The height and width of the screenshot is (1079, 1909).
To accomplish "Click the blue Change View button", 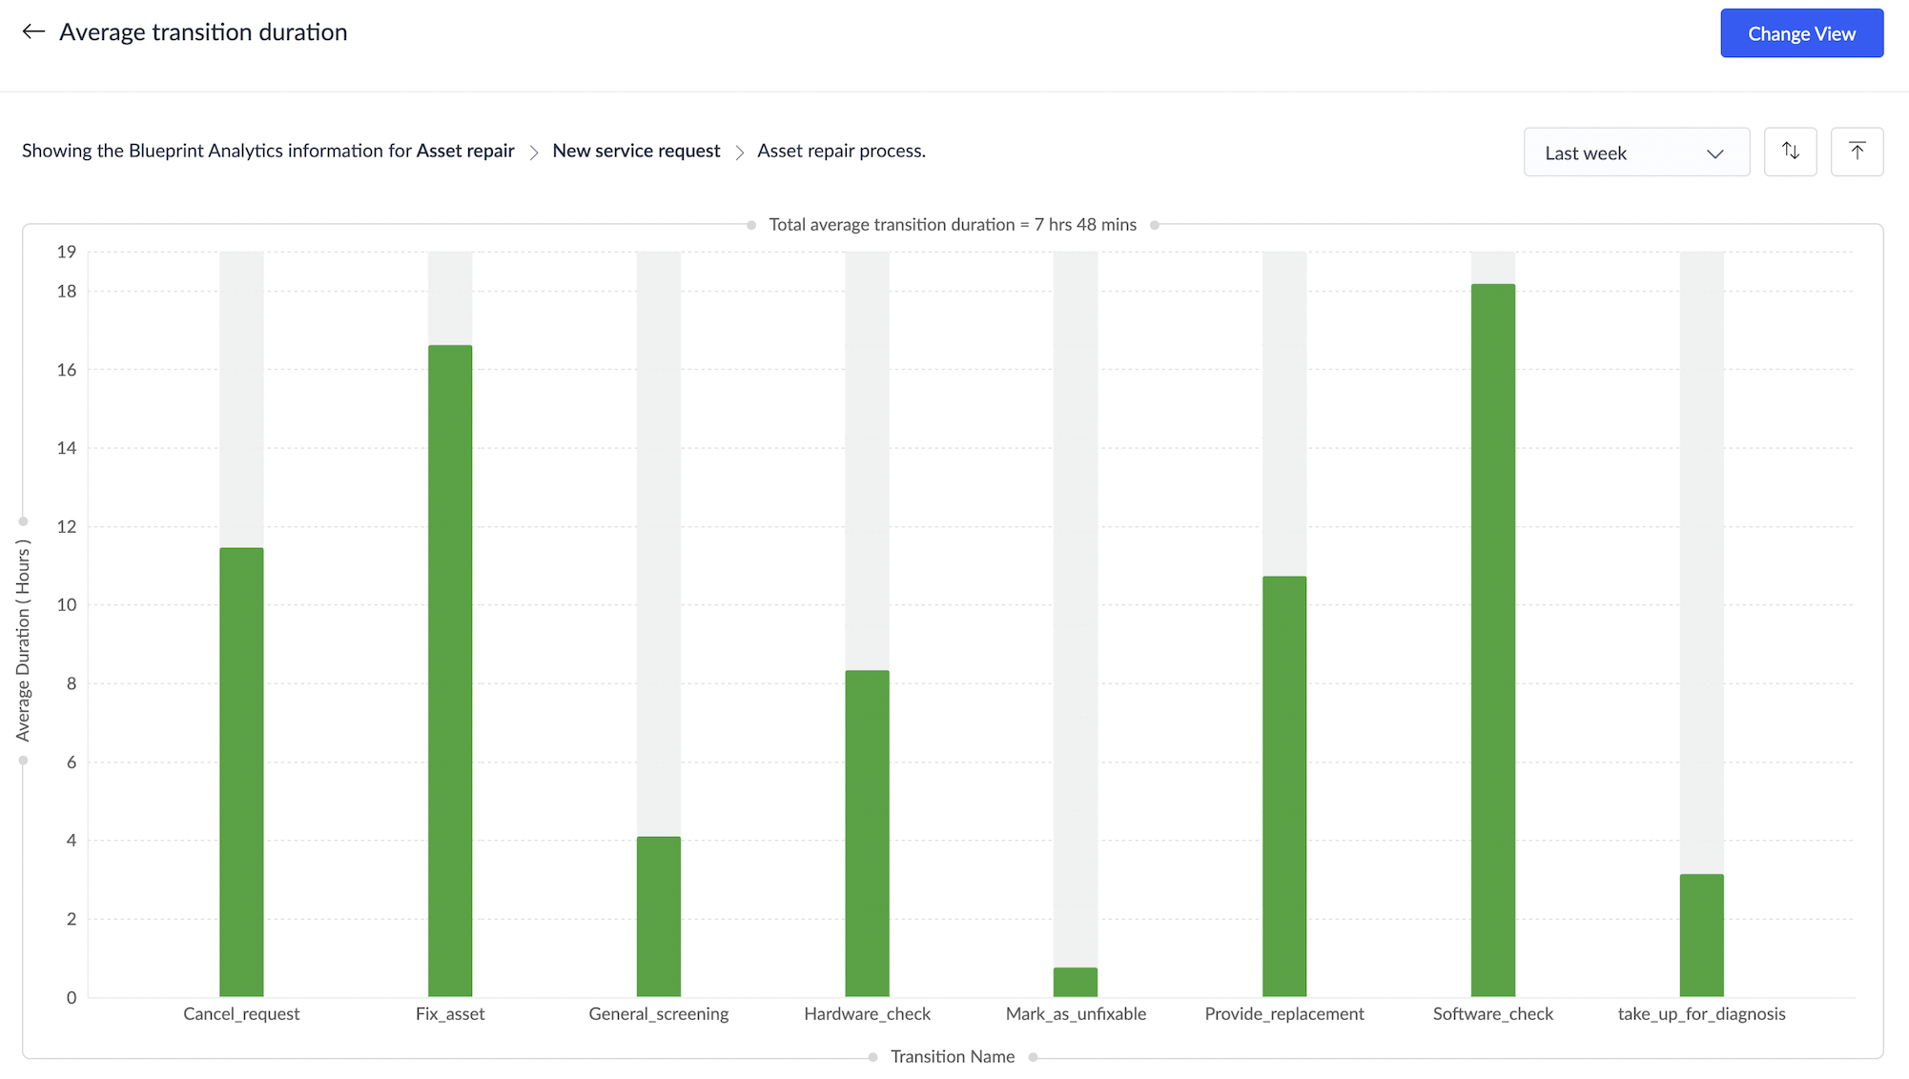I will tap(1801, 33).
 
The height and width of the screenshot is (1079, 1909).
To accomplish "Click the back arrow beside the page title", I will tap(33, 32).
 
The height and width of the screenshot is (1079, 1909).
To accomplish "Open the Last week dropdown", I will tap(1635, 153).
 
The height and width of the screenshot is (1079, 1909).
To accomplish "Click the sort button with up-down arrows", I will tap(1790, 152).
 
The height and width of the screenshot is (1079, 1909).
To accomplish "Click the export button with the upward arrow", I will tap(1857, 152).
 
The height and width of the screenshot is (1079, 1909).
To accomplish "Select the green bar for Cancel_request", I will tap(241, 772).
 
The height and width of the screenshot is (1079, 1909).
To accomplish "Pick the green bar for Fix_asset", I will tap(450, 671).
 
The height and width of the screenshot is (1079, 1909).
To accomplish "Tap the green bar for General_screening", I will tap(659, 916).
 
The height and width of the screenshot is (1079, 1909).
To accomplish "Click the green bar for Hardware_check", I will tap(867, 833).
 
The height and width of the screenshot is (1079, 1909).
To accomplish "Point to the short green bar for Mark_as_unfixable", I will tap(1076, 983).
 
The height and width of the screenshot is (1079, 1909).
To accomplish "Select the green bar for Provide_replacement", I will tap(1284, 786).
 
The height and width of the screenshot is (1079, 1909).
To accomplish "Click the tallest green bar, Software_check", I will tap(1492, 641).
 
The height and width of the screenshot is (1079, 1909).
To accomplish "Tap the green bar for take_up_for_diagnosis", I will tap(1701, 935).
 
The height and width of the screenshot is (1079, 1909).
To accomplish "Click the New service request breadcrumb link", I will tap(636, 151).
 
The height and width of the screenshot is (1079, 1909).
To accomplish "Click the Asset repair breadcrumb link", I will tap(465, 151).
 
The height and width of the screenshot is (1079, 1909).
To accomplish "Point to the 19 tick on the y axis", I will tap(66, 252).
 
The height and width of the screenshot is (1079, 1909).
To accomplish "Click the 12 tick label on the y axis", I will tap(66, 526).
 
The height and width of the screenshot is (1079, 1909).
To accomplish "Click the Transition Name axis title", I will tap(952, 1056).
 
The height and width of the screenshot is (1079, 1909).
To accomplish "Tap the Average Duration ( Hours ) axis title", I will tap(23, 641).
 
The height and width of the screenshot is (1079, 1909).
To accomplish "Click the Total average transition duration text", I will tap(952, 225).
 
